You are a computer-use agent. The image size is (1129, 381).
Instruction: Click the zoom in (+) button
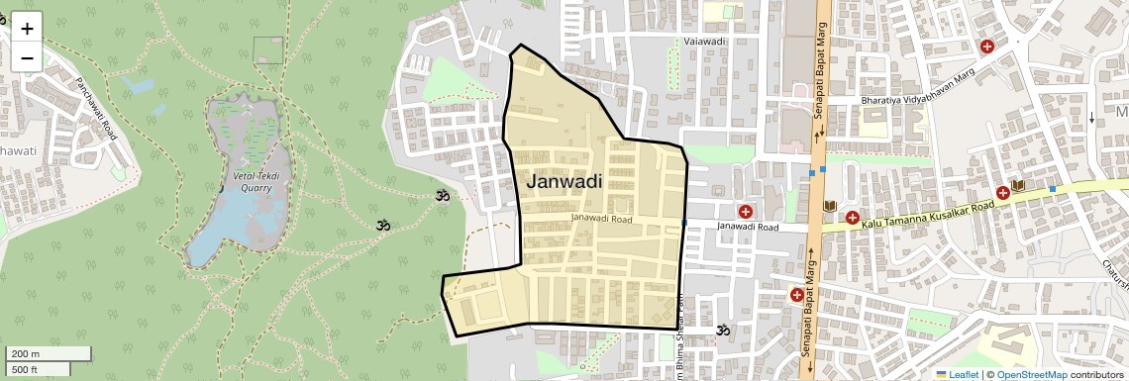27,28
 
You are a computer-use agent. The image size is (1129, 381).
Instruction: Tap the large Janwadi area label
564,181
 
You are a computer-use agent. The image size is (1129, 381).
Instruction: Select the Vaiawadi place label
705,43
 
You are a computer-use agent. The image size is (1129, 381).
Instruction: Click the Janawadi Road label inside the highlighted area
601,219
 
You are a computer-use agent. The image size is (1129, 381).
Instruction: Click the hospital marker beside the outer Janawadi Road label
745,211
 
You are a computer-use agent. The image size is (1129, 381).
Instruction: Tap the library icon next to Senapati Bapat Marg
831,207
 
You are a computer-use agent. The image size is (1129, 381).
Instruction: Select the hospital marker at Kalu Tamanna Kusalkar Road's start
852,216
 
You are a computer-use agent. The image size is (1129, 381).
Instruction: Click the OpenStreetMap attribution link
1031,374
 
